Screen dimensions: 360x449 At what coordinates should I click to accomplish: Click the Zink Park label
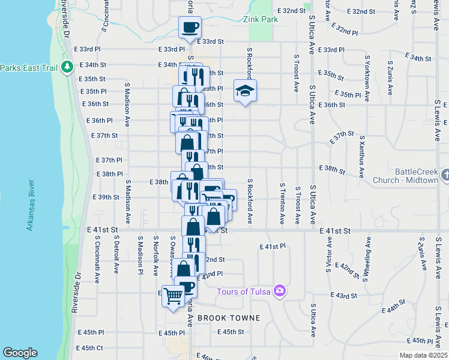coord(261,19)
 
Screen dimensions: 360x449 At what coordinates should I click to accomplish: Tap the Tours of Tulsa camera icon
coord(279,292)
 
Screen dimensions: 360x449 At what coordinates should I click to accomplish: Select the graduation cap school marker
coord(245,91)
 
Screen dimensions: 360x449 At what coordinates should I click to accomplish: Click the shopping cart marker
coord(173,295)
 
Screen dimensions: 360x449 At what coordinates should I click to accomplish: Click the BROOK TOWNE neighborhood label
coord(228,318)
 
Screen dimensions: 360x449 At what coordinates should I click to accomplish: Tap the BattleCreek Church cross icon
coord(445,175)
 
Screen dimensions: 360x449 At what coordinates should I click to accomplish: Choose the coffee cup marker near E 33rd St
coord(190,27)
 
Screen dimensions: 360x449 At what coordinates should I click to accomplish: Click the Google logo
coord(20,353)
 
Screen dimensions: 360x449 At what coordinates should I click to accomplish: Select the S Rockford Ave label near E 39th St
coord(249,201)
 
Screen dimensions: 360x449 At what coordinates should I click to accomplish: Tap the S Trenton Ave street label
coord(282,204)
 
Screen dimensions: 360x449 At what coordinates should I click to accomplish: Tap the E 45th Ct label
coord(90,348)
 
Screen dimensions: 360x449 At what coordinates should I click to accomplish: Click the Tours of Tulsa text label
coord(243,292)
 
